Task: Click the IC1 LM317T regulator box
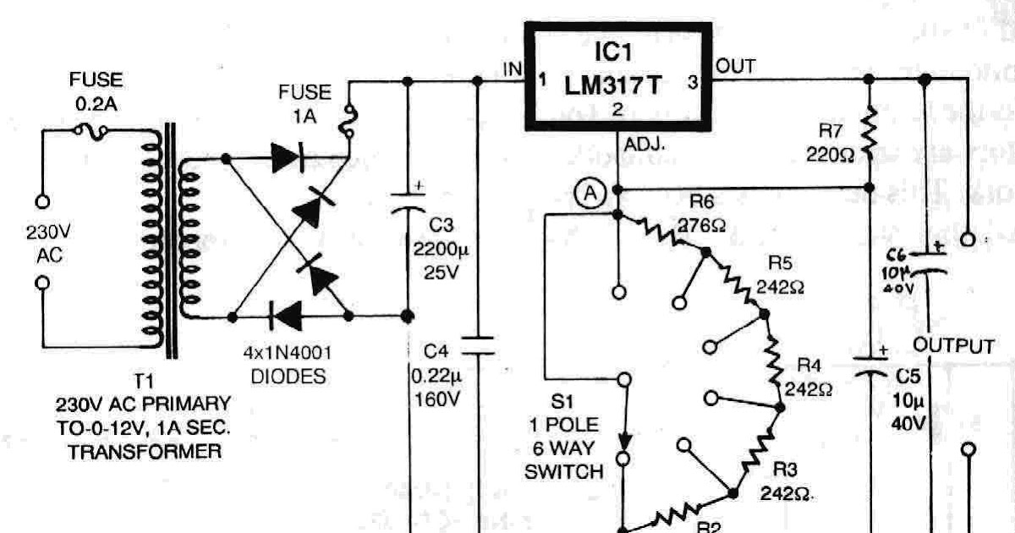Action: tap(618, 77)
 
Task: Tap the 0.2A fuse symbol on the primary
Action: tap(91, 129)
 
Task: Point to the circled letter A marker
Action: tap(590, 194)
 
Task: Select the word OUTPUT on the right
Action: tap(953, 346)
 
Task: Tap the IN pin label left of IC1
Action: tap(513, 68)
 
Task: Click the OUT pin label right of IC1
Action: tap(736, 65)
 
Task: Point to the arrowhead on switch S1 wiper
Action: tap(625, 440)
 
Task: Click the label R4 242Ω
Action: tap(808, 377)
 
